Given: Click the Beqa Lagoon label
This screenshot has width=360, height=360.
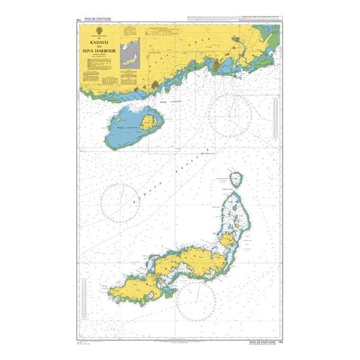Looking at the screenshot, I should coord(124,128).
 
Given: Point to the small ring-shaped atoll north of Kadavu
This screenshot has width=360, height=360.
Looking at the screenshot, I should coord(239,178).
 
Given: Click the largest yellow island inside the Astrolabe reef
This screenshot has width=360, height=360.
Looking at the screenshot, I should coord(228,241).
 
